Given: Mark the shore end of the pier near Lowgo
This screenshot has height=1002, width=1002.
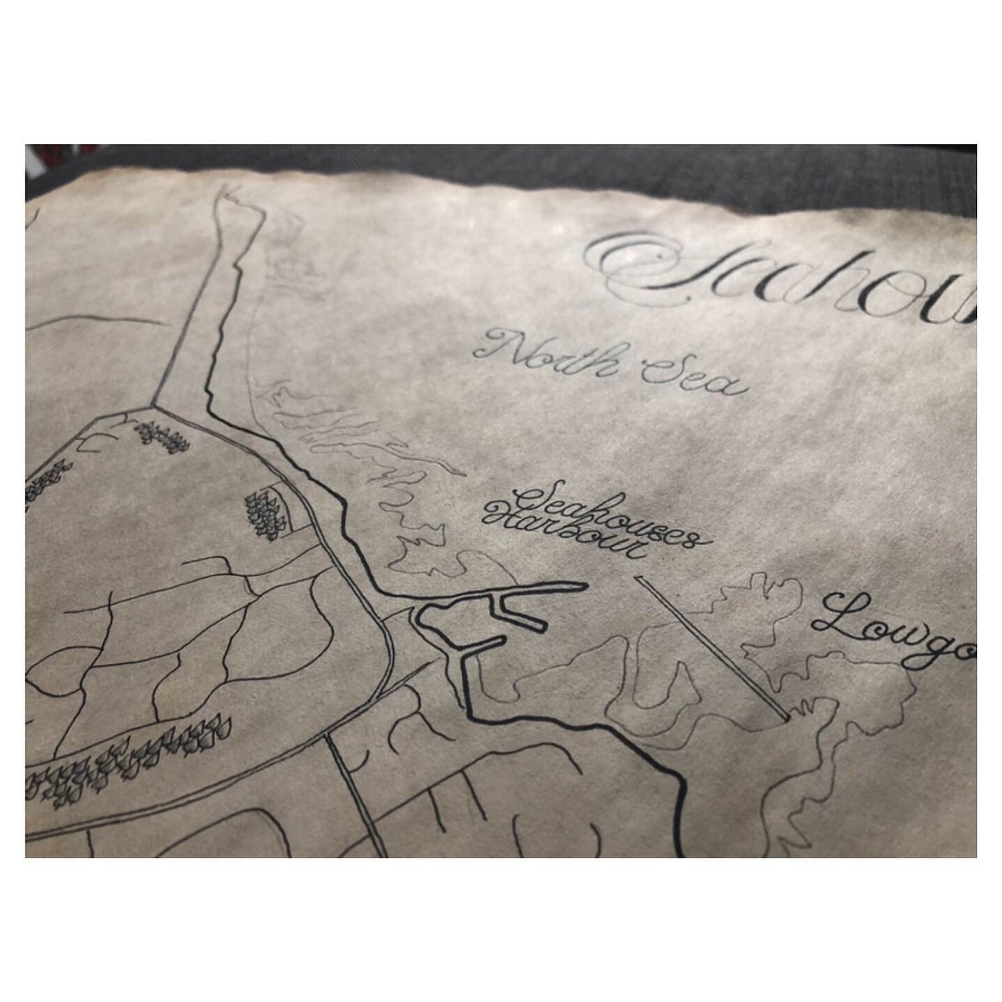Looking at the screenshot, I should [x=786, y=716].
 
